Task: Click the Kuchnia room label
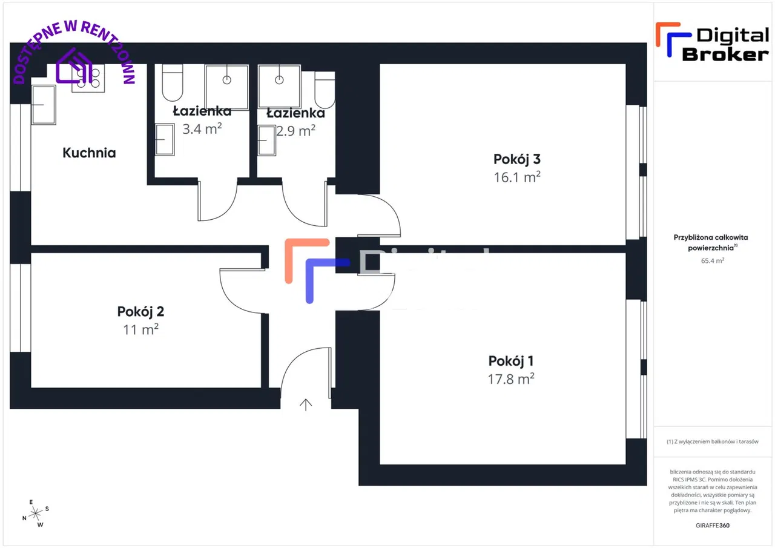(89, 153)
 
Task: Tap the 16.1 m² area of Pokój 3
(516, 177)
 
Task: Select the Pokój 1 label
(511, 361)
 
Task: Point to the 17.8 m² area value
(512, 379)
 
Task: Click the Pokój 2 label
(140, 312)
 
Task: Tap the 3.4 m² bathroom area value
(202, 129)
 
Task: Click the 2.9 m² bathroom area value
(295, 130)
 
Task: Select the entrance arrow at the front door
(306, 404)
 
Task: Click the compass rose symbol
(36, 513)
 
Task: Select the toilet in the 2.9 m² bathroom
(325, 90)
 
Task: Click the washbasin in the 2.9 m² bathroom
(266, 140)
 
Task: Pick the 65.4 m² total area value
(713, 260)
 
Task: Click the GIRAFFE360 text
(713, 525)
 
